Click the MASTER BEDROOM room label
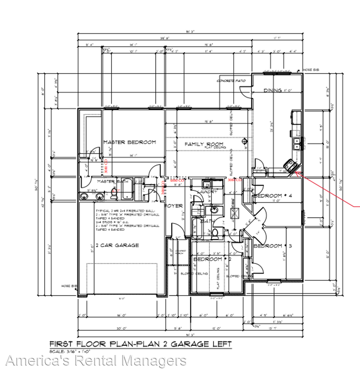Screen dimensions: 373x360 (129, 142)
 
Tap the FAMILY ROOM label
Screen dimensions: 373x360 (198, 144)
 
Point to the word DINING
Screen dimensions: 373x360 (273, 91)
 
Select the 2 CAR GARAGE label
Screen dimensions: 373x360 (117, 245)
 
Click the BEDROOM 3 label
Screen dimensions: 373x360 (273, 246)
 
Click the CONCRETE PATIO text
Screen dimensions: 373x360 (231, 81)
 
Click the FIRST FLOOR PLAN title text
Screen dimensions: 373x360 (140, 344)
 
